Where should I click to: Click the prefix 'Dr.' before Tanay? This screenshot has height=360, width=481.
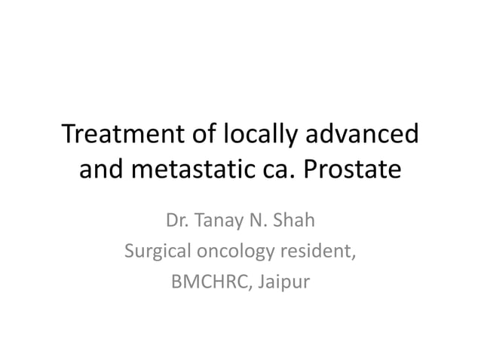pyautogui.click(x=175, y=222)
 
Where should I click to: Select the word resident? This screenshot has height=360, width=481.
pyautogui.click(x=320, y=252)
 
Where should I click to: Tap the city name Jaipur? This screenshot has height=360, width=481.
pyautogui.click(x=284, y=285)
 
